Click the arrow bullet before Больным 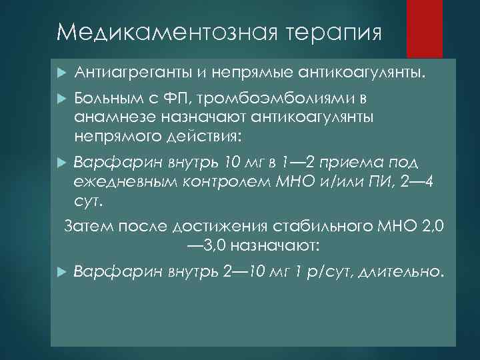(x=60, y=99)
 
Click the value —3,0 (x=206, y=245)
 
